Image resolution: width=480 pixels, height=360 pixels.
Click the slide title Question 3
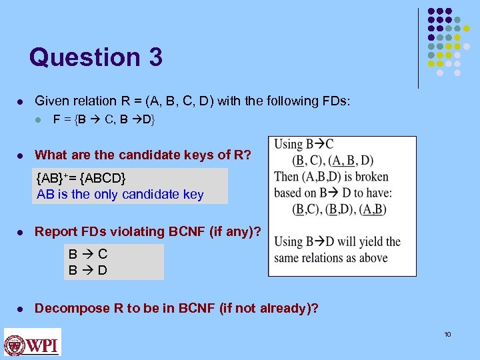pos(95,57)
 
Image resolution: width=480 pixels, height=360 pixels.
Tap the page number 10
pos(447,334)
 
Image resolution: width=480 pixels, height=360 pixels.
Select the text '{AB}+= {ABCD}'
pos(81,179)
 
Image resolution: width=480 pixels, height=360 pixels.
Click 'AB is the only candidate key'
pos(120,195)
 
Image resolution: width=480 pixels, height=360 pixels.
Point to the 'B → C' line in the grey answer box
pos(88,254)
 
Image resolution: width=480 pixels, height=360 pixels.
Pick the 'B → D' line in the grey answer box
pos(88,271)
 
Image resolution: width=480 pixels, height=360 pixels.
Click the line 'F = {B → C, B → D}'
pos(104,121)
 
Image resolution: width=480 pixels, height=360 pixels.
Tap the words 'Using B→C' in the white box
pos(304,144)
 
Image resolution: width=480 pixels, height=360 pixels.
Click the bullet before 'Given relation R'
pos(21,102)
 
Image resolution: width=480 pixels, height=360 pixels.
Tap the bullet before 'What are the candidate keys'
pos(21,156)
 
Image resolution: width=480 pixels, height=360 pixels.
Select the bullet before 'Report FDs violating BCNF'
pos(21,233)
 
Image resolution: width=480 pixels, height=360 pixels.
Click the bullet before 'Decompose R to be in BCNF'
pos(21,309)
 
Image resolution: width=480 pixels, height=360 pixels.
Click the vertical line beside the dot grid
pos(418,48)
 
